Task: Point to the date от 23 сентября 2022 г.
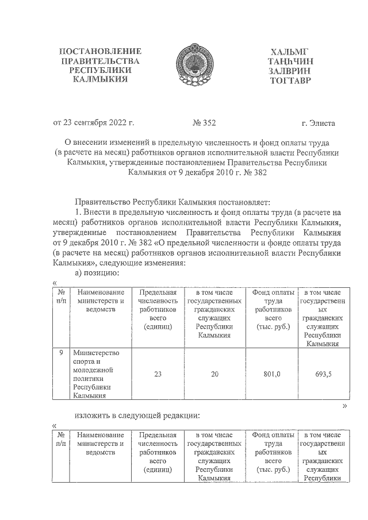coord(93,123)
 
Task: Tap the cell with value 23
coord(157,374)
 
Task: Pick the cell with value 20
coord(214,374)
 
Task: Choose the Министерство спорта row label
coord(96,373)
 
